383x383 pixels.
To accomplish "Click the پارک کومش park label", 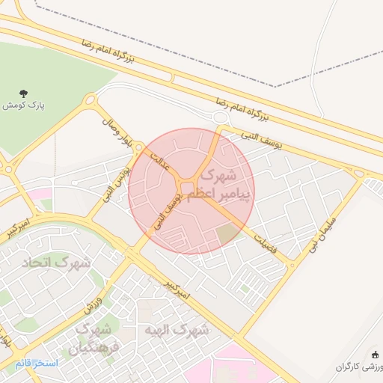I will pos(23,106).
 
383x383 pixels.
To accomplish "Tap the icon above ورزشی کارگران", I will pos(375,354).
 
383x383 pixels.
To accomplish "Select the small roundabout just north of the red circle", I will pos(220,117).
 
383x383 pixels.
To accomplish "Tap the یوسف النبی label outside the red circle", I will pos(261,140).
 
